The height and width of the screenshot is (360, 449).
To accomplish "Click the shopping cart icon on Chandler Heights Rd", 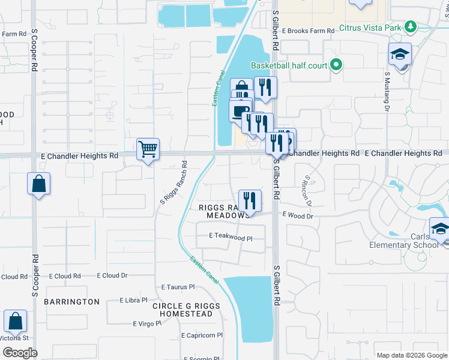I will (148, 149).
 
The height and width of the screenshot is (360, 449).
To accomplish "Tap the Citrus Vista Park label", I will (371, 28).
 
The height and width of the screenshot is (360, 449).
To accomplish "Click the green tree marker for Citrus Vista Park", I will (411, 26).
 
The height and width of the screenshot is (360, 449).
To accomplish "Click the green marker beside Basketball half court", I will (336, 65).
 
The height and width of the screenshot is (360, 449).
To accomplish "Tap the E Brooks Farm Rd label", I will (307, 31).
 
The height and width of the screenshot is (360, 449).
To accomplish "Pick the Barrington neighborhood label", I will (71, 301).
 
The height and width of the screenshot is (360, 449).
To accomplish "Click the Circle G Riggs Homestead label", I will (182, 310).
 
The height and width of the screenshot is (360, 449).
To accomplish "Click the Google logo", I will (20, 353).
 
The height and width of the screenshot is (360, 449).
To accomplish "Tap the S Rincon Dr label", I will (309, 191).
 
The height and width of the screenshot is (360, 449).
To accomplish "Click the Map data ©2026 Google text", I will (411, 355).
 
